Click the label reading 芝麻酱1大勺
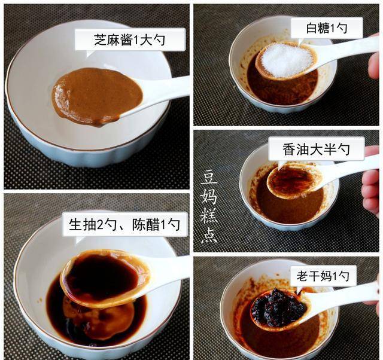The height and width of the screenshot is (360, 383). click(x=130, y=40)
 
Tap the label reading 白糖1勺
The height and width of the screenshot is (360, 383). click(x=327, y=28)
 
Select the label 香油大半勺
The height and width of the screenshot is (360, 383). click(x=316, y=149)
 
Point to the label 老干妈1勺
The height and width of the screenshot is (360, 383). click(x=323, y=276)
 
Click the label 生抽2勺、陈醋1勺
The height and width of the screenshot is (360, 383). click(x=124, y=224)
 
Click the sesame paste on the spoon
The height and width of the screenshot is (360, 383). click(x=97, y=96)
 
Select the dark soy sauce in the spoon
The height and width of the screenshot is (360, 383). click(x=102, y=276)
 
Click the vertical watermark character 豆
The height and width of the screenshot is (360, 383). click(x=209, y=178)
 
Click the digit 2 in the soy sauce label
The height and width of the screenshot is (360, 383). click(x=100, y=225)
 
